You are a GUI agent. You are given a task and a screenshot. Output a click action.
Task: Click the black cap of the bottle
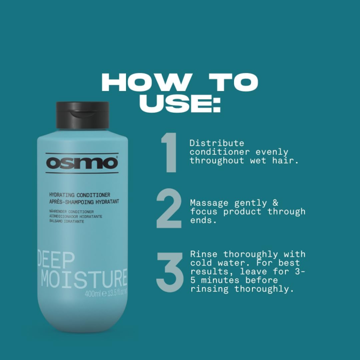pos(82,115)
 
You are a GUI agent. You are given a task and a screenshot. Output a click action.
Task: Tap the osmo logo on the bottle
pos(82,163)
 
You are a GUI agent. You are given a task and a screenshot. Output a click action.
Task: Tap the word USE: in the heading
pos(180,103)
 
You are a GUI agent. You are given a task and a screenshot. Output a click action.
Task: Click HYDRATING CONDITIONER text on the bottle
pos(79,195)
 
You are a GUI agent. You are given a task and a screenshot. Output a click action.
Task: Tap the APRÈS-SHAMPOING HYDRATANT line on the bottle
pos(83,202)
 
